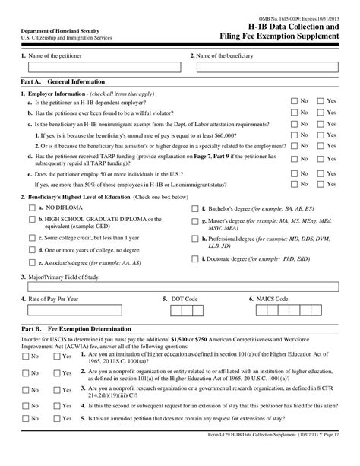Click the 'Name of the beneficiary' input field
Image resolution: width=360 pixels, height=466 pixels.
click(270, 67)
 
